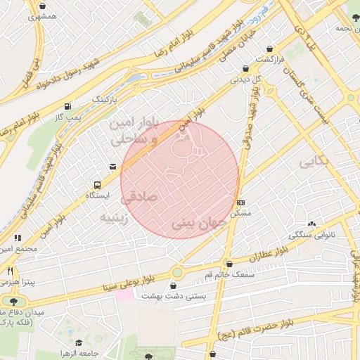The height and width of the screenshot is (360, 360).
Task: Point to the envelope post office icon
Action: coord(112,167)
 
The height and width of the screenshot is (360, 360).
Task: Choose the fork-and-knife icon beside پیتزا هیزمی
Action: coord(10,270)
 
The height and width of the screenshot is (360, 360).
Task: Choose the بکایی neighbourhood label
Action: coord(315,163)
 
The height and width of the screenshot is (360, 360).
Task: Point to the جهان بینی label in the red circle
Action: coord(198,224)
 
